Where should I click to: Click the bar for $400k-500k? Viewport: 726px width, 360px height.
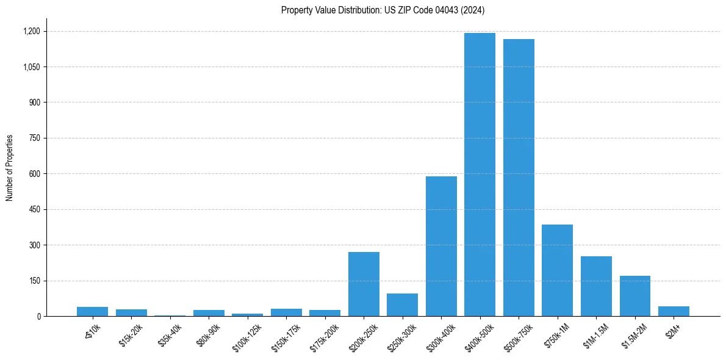480,175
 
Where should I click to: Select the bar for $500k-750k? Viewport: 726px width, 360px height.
519,178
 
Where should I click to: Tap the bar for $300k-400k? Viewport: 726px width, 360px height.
441,246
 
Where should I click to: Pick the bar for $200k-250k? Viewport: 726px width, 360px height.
364,284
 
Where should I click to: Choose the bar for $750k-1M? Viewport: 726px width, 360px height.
557,270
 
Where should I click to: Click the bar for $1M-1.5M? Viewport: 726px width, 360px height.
596,286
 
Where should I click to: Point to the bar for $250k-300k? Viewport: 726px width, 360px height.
402,304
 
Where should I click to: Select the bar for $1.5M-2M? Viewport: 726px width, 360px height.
635,296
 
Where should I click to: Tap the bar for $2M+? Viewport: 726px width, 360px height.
674,311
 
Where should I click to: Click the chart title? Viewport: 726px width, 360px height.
383,10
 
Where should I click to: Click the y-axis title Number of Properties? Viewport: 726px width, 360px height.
10,168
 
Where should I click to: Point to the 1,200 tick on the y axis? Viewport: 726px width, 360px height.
31,31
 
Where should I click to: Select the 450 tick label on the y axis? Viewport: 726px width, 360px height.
35,209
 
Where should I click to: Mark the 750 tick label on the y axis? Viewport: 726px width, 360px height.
35,138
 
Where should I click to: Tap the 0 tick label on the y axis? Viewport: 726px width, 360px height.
38,316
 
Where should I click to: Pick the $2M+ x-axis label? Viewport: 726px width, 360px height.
673,330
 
